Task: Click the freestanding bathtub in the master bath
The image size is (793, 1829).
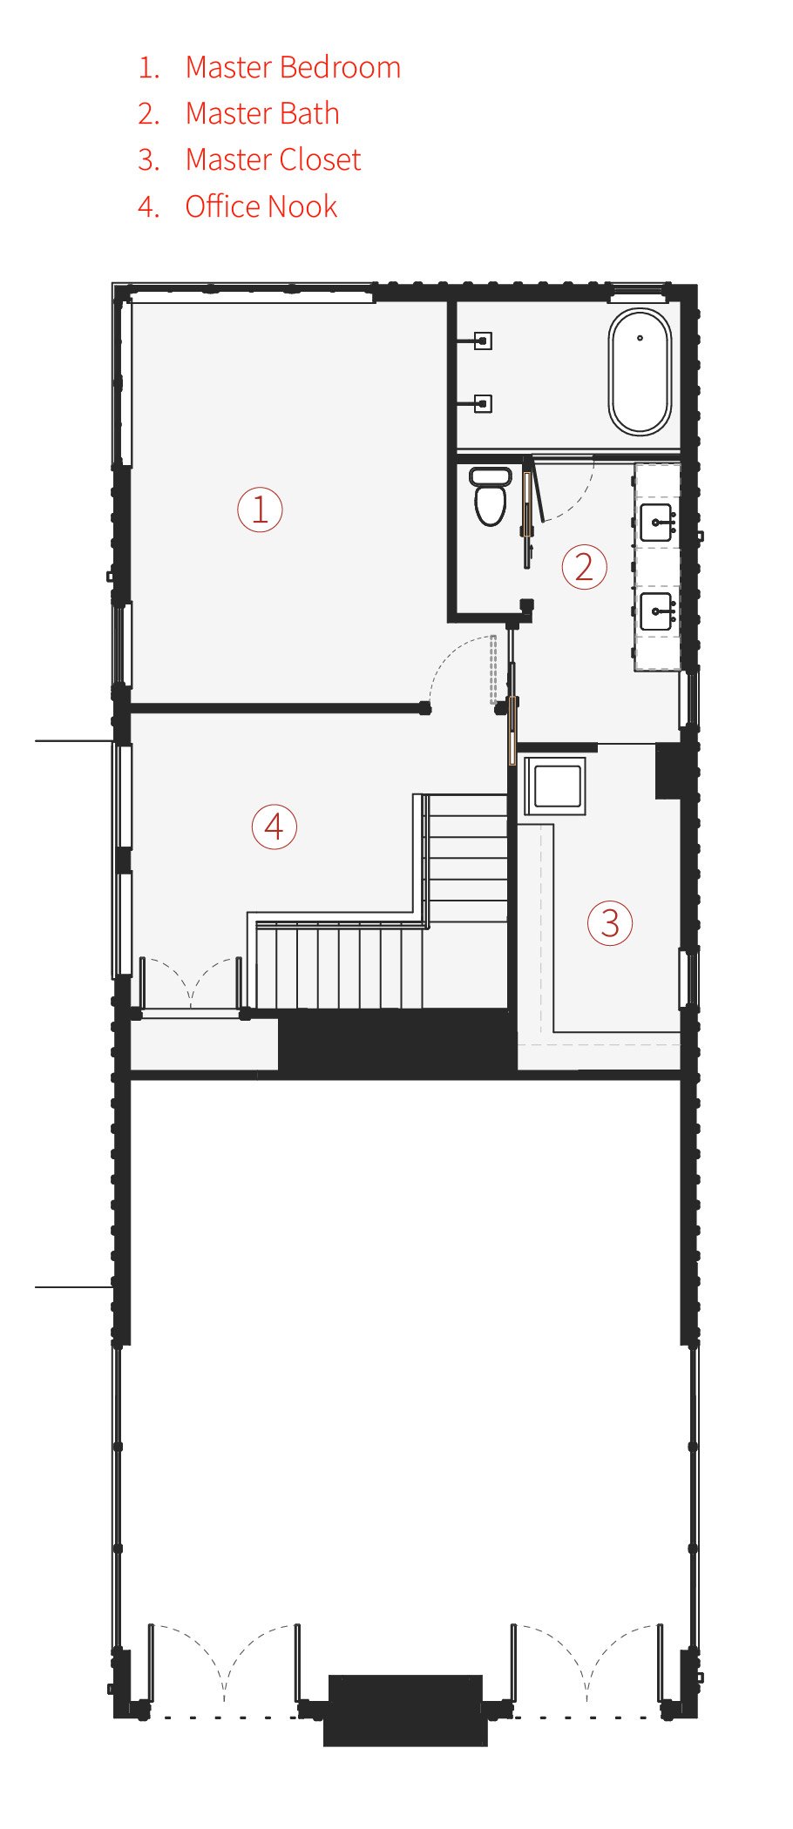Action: click(x=640, y=372)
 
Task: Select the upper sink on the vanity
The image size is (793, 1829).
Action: click(x=656, y=523)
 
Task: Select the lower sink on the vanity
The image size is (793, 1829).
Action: click(x=656, y=611)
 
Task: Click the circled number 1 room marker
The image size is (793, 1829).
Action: click(x=260, y=510)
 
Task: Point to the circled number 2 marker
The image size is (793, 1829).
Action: click(x=584, y=567)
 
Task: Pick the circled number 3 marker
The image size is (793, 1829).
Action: click(x=610, y=923)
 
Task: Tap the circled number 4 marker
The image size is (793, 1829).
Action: click(x=274, y=827)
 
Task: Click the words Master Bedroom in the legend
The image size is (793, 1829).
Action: click(x=293, y=67)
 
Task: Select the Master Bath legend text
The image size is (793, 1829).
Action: click(x=262, y=113)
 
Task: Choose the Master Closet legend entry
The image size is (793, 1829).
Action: click(x=273, y=159)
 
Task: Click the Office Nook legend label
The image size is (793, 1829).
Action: click(x=261, y=206)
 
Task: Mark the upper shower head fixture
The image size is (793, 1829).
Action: click(x=483, y=341)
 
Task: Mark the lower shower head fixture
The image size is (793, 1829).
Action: click(x=483, y=403)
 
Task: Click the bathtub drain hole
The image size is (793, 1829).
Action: click(x=640, y=338)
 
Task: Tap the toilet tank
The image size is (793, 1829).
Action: click(x=491, y=476)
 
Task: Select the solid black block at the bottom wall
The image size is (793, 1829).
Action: click(x=405, y=1709)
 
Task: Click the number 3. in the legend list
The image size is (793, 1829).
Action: click(x=148, y=159)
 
